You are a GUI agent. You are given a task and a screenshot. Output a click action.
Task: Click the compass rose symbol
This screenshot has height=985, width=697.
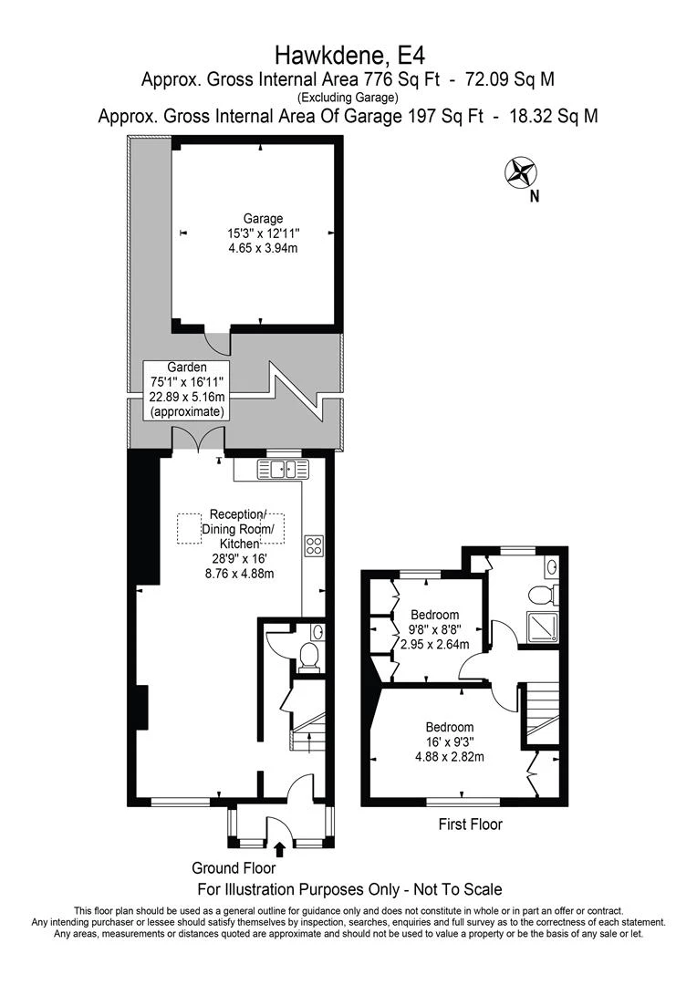pyautogui.click(x=521, y=172)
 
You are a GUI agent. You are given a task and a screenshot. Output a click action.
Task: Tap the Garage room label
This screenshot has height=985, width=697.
pyautogui.click(x=263, y=233)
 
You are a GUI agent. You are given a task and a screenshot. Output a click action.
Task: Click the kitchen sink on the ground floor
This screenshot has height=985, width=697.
pyautogui.click(x=284, y=469)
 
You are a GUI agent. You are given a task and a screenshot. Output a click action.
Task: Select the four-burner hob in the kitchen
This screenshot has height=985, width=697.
pyautogui.click(x=314, y=544)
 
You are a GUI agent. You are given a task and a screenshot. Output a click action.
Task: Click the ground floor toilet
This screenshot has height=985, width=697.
pyautogui.click(x=309, y=657)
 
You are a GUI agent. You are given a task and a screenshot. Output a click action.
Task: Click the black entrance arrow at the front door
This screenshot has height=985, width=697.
pyautogui.click(x=280, y=850)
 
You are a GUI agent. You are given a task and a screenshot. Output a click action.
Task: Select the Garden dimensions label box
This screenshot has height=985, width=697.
pyautogui.click(x=186, y=390)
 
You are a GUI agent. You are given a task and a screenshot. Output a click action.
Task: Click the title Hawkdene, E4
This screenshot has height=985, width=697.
pyautogui.click(x=350, y=56)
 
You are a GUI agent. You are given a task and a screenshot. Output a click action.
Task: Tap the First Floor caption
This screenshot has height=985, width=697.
pyautogui.click(x=471, y=824)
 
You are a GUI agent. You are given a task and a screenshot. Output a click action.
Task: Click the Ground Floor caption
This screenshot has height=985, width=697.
pyautogui.click(x=234, y=868)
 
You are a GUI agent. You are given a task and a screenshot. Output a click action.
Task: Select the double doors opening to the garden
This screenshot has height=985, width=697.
pyautogui.click(x=198, y=439)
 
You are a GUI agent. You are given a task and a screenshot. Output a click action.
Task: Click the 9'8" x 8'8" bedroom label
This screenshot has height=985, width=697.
pyautogui.click(x=435, y=629)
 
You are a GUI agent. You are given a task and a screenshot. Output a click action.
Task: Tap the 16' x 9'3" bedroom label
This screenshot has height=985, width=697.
pyautogui.click(x=450, y=741)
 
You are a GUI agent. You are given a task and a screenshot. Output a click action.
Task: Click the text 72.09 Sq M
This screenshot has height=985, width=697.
pyautogui.click(x=510, y=79)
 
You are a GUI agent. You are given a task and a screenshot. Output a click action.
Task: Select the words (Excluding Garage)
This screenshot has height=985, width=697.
pyautogui.click(x=348, y=98)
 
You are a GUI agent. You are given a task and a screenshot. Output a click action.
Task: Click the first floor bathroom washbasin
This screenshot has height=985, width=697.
pyautogui.click(x=551, y=567)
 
